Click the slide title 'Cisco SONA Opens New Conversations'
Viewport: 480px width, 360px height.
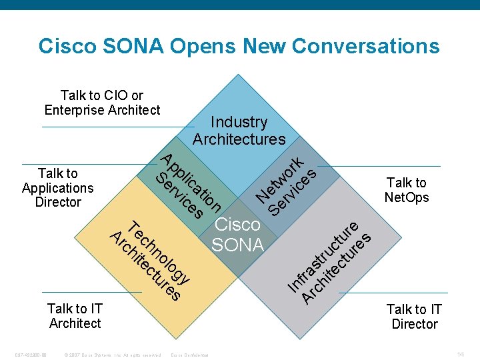239,46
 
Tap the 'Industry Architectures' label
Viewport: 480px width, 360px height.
239,131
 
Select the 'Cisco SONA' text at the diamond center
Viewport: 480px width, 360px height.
237,235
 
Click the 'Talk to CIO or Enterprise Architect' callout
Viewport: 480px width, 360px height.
102,103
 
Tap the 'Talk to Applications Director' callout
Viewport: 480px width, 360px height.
57,187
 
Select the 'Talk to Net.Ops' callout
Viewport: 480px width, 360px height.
407,189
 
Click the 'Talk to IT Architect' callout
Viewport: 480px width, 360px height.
75,316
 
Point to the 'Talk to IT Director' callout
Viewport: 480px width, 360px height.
414,317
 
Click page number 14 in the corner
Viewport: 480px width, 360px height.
461,353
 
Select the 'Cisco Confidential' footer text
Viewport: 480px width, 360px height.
190,354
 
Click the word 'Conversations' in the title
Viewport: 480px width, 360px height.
365,46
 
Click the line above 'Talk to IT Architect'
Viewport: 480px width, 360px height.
91,293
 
